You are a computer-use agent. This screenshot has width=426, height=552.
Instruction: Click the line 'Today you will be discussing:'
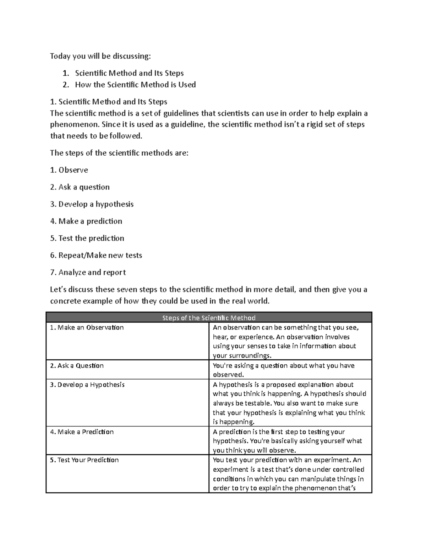(100, 56)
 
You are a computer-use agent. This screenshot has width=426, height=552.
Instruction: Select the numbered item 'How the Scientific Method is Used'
(135, 85)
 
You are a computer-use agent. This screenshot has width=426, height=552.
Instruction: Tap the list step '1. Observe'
(69, 170)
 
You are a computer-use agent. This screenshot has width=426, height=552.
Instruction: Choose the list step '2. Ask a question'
(80, 187)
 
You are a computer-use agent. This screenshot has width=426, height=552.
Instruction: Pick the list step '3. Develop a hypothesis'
(92, 204)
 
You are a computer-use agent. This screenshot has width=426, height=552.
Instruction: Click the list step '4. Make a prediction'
(86, 221)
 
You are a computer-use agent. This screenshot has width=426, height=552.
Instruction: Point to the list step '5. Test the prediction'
(87, 238)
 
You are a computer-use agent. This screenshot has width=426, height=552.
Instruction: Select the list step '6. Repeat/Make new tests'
(96, 255)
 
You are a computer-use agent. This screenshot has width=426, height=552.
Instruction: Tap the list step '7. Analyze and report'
(88, 272)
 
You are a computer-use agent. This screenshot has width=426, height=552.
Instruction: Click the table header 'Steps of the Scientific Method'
(209, 318)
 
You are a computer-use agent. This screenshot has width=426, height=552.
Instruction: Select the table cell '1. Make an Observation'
(87, 327)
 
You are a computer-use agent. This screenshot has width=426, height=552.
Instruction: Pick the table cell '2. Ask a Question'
(77, 365)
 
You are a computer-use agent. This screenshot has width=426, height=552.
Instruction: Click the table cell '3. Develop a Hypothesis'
(87, 385)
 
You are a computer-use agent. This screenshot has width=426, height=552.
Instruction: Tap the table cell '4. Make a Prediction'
(82, 432)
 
